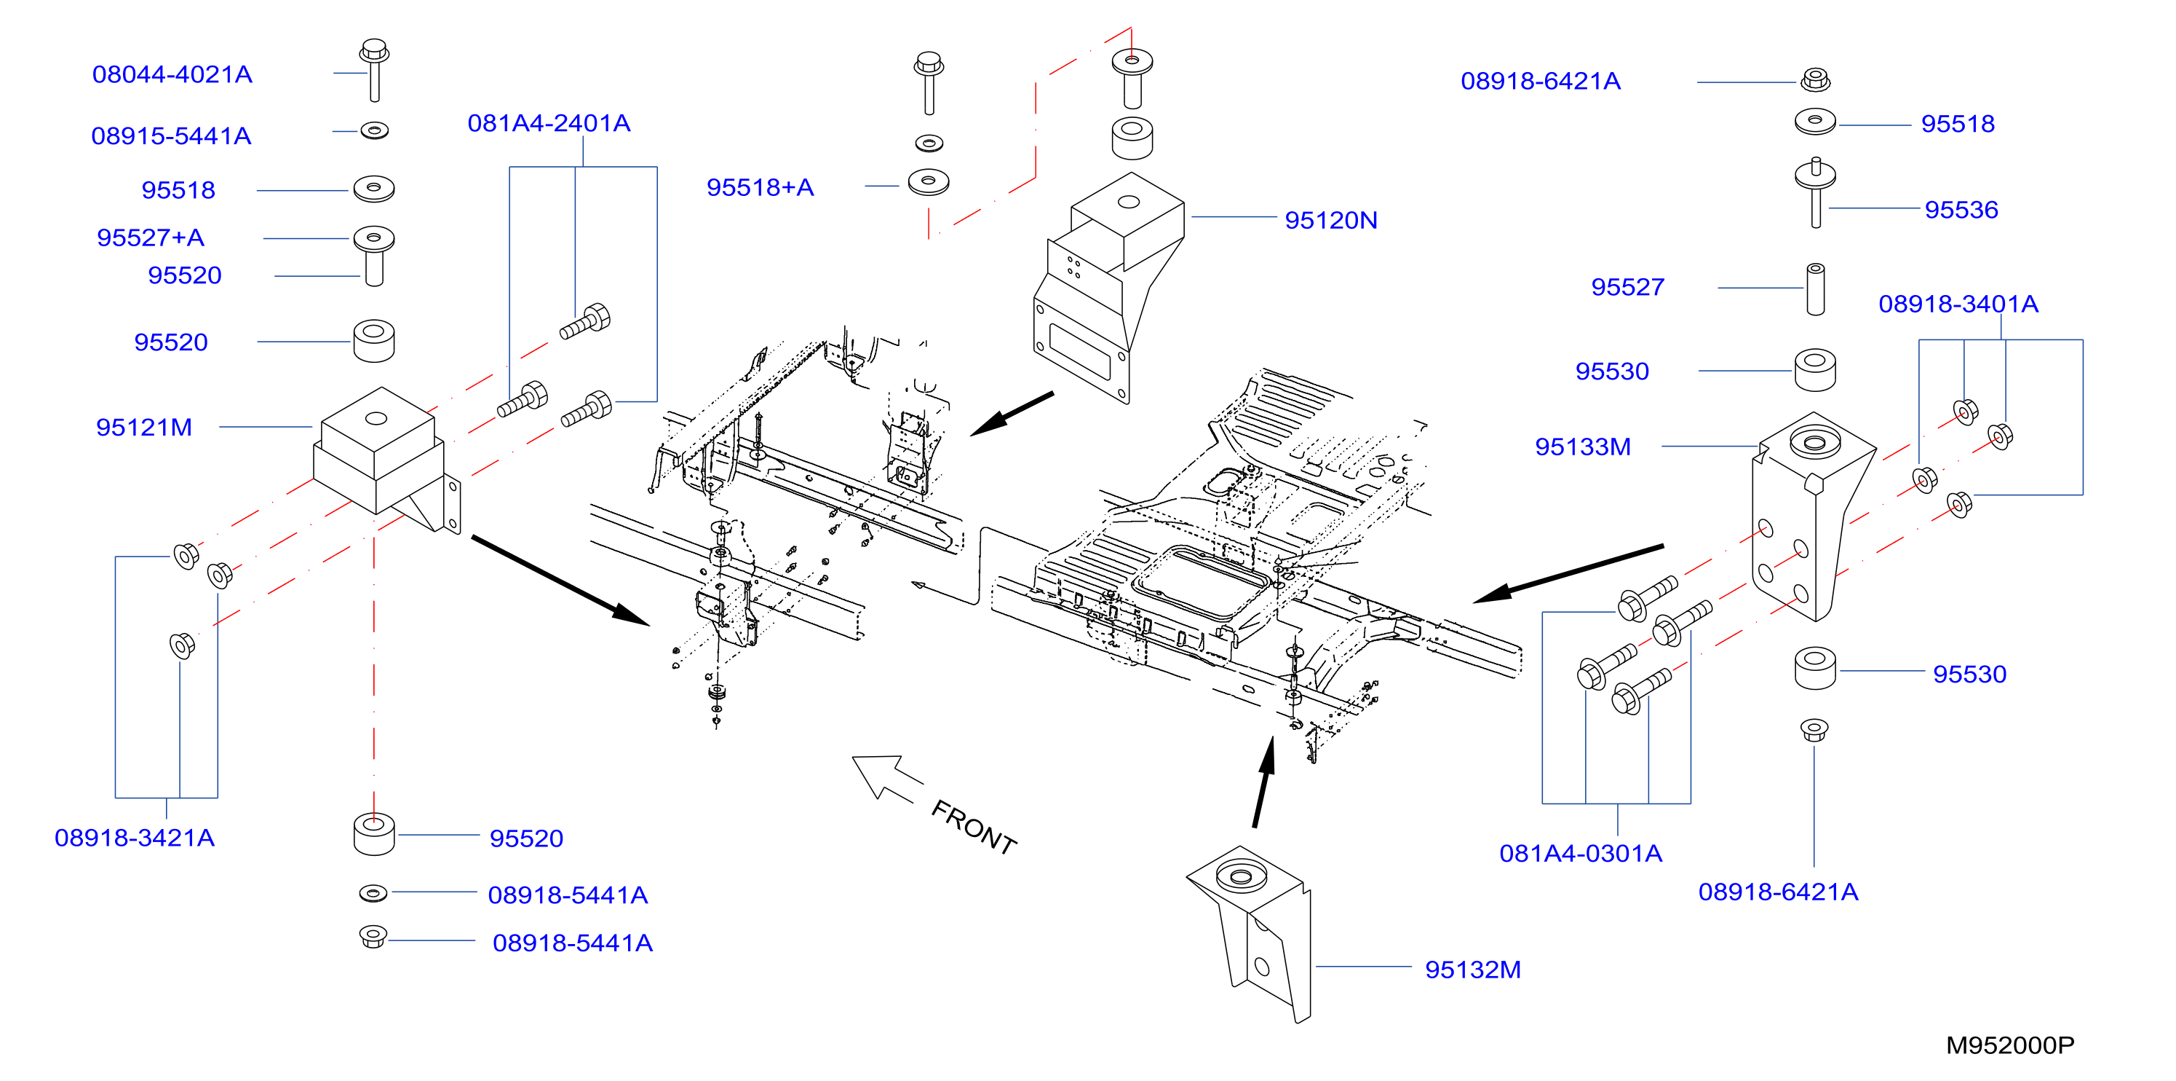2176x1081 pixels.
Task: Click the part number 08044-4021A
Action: [172, 74]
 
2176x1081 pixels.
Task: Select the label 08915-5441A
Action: [172, 136]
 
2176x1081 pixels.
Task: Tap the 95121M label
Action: [144, 428]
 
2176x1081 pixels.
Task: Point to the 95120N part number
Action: [1331, 221]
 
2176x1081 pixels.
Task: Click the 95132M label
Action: [1473, 970]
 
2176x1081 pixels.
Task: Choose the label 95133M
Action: [1583, 447]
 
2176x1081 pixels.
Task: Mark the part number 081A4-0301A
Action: [1581, 854]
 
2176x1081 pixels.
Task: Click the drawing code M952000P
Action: [2010, 1046]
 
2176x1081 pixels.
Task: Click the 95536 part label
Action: [1961, 210]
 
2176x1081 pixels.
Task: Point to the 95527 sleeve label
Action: [1628, 287]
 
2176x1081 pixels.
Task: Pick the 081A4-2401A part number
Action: [549, 123]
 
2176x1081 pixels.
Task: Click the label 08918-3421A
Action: [135, 838]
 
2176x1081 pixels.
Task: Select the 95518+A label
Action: [761, 188]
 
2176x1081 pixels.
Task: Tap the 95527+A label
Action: [151, 238]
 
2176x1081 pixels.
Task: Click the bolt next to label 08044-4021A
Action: [374, 69]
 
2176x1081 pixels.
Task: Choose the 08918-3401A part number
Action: [1959, 304]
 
